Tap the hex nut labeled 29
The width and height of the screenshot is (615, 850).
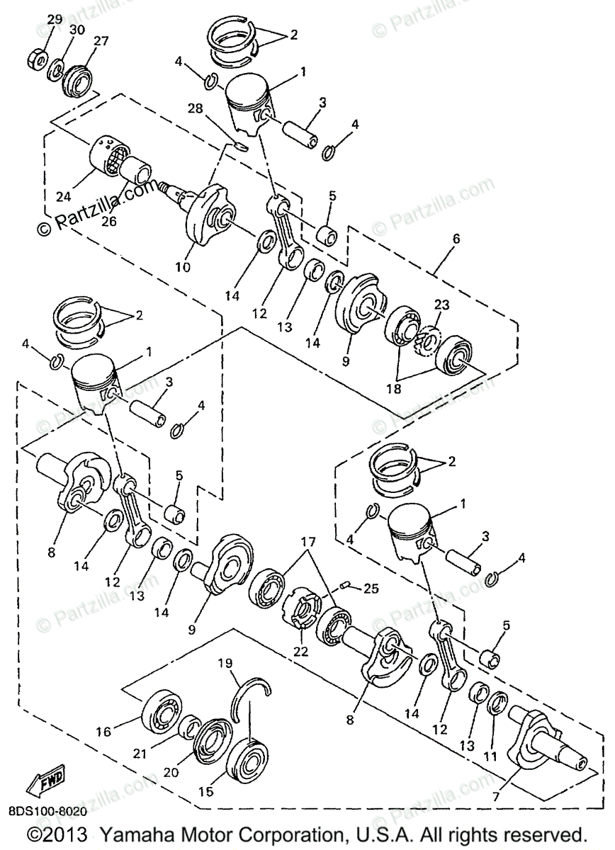tap(39, 55)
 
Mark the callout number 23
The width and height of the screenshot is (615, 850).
tap(441, 306)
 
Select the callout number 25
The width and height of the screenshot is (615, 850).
tap(371, 587)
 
